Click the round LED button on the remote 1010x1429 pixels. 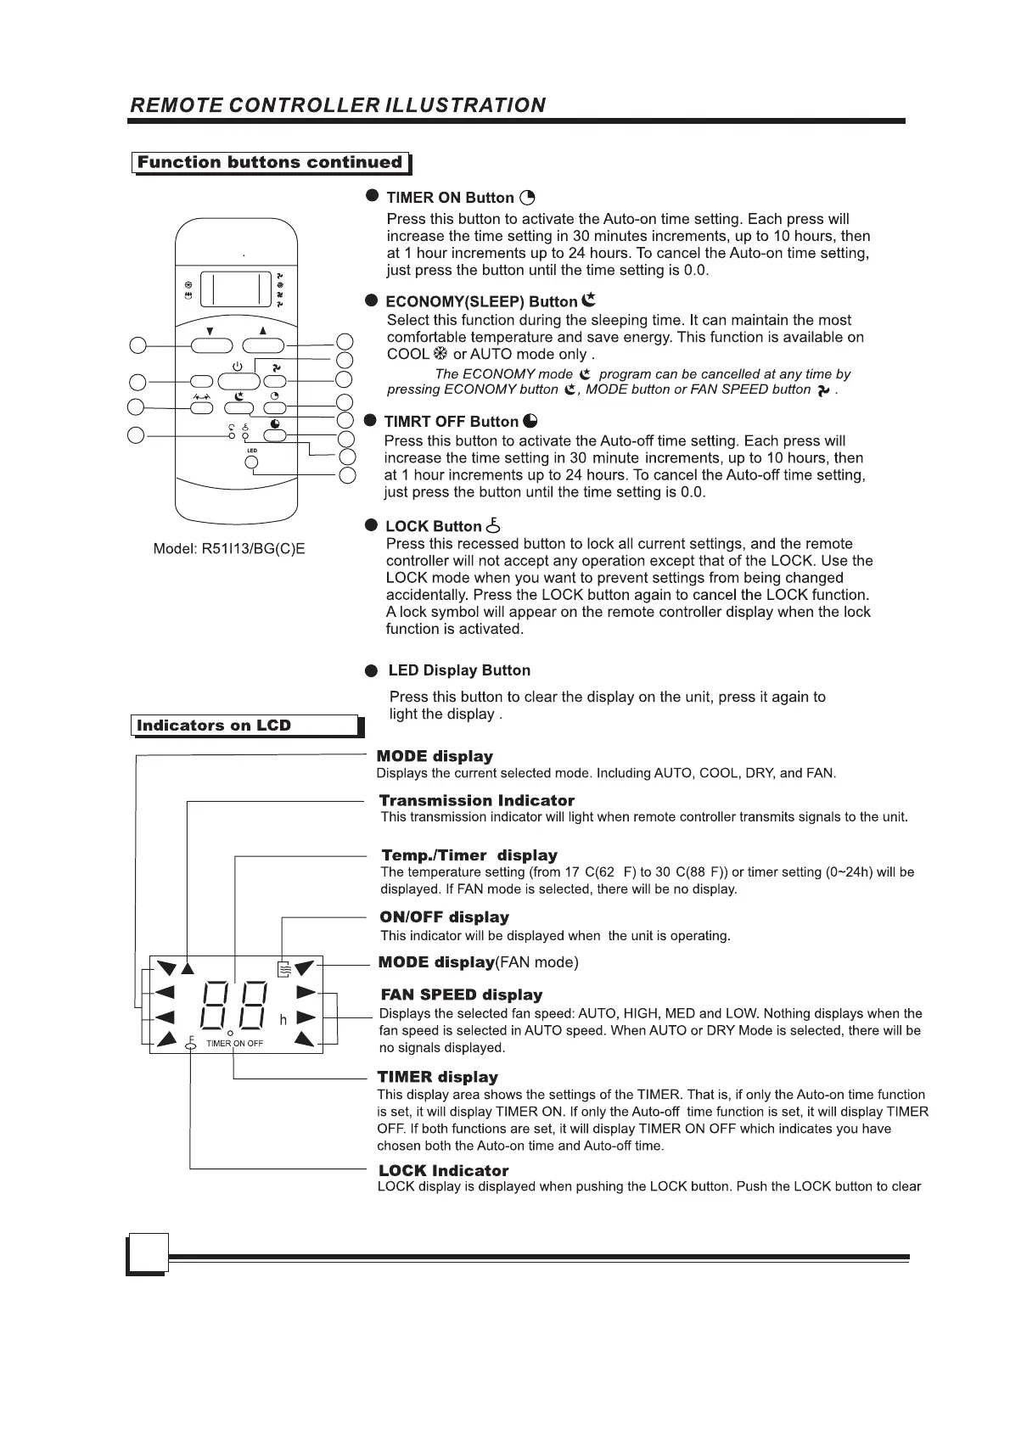(251, 462)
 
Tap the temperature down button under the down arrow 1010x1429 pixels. (210, 345)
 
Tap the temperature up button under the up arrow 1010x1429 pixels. (263, 345)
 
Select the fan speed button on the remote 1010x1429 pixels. (274, 381)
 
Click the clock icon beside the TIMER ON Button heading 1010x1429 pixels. (527, 198)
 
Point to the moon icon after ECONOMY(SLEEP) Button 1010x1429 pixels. (590, 300)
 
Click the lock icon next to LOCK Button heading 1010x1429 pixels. (493, 525)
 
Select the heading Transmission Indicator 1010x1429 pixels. (476, 800)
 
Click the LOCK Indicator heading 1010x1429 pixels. (443, 1171)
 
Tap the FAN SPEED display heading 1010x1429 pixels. (461, 995)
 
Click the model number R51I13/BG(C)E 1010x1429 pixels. (252, 549)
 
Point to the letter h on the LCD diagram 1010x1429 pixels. (283, 1019)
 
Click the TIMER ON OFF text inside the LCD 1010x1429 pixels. (235, 1043)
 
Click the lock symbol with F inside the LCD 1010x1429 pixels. (191, 1044)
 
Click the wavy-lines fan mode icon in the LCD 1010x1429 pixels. (285, 967)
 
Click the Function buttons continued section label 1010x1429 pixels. (270, 162)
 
